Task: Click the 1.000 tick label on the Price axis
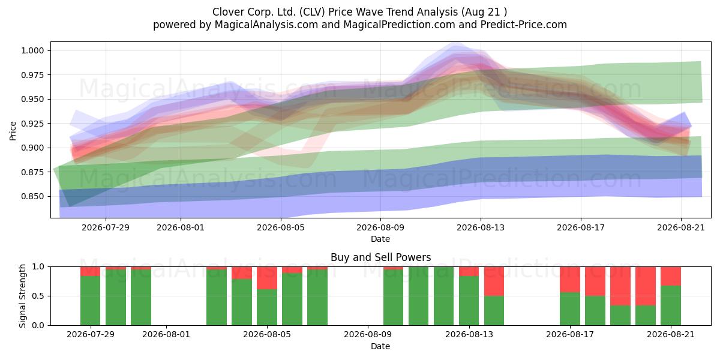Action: coord(32,50)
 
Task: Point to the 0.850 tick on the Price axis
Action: coord(32,196)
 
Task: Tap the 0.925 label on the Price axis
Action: coord(32,124)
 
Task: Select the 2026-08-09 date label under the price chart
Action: coord(380,227)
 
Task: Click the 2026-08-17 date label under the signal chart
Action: coord(570,335)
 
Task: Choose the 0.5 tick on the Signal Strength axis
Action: coord(38,296)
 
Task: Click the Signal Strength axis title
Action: coord(22,296)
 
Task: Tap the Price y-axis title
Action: coord(13,131)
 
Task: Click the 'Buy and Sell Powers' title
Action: coord(380,257)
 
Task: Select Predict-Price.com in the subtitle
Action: coord(523,25)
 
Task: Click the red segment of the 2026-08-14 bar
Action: coord(494,281)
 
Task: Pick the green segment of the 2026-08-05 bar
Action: coord(267,307)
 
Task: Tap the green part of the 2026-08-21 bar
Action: coord(671,305)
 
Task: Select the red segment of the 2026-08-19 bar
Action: coord(620,286)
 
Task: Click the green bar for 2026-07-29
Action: coord(91,301)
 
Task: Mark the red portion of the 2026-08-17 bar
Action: coord(570,280)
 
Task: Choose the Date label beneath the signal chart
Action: coord(380,346)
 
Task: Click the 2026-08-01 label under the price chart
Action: coord(181,227)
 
